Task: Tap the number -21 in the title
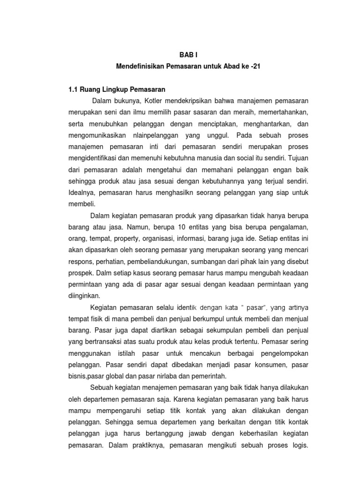(255, 67)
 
